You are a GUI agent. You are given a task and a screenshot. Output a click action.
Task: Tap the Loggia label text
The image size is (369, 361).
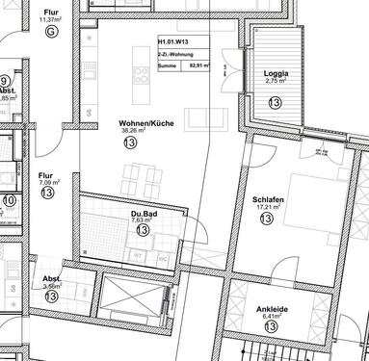pos(276,72)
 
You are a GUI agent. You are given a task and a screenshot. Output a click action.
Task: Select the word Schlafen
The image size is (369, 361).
pos(267,196)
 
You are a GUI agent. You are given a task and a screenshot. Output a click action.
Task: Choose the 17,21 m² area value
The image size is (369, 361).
pos(267,205)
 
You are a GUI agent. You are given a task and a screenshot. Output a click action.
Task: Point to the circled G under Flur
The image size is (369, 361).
pos(50,32)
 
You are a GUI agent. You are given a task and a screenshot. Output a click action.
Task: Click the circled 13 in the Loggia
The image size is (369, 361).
pos(276,101)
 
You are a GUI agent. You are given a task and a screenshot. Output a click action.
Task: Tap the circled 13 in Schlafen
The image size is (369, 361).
pos(267,219)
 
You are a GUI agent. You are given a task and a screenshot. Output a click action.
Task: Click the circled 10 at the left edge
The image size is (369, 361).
pos(9,201)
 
